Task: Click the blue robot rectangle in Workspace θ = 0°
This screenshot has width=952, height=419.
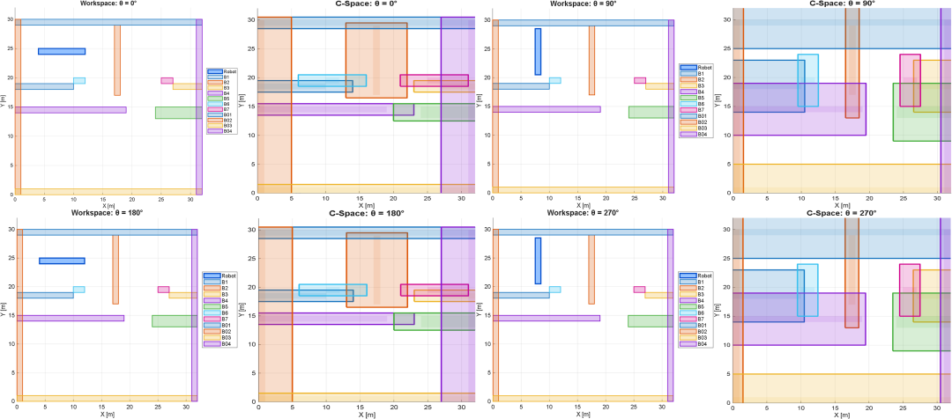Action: pyautogui.click(x=62, y=51)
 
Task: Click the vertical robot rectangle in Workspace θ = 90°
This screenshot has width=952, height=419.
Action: pyautogui.click(x=538, y=51)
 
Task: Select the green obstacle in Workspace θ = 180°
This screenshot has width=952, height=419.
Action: pyautogui.click(x=174, y=320)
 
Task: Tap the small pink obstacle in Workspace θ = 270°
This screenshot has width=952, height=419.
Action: pyautogui.click(x=639, y=290)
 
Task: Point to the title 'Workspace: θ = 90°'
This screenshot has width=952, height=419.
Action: pyautogui.click(x=583, y=4)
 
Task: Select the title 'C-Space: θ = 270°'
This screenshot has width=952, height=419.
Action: pyautogui.click(x=842, y=214)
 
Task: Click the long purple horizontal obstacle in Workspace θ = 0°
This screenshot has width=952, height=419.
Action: pyautogui.click(x=71, y=110)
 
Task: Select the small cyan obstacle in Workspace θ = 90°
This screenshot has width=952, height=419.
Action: pyautogui.click(x=554, y=80)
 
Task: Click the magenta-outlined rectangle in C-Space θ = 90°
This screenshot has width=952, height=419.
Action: pyautogui.click(x=910, y=80)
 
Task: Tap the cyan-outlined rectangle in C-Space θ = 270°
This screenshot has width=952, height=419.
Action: pyautogui.click(x=807, y=290)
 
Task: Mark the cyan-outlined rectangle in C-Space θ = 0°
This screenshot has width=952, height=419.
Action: pyautogui.click(x=332, y=80)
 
